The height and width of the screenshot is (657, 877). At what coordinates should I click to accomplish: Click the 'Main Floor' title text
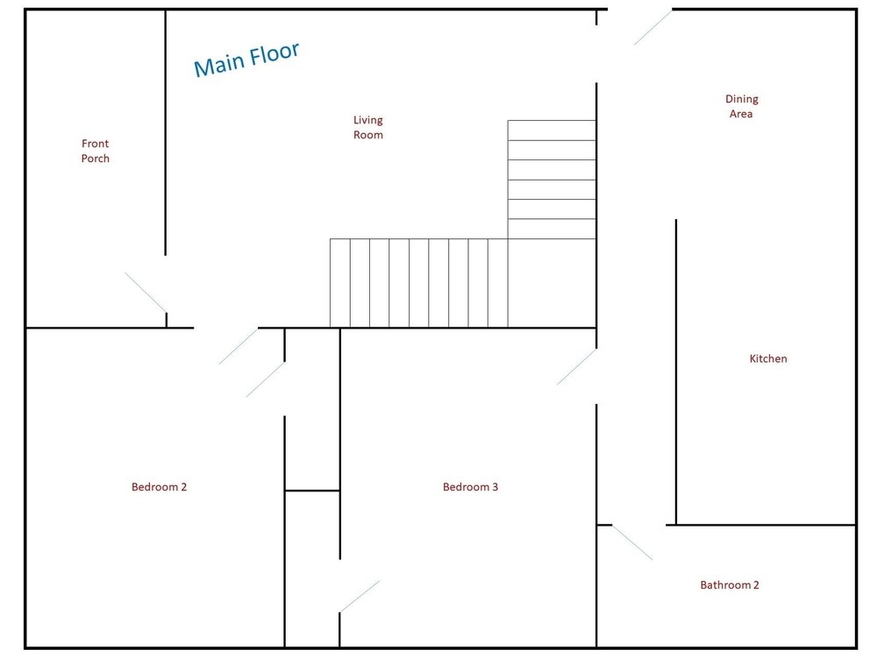click(246, 60)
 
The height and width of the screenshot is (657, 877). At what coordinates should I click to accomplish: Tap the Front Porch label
click(95, 151)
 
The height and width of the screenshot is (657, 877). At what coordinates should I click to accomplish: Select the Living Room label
click(368, 127)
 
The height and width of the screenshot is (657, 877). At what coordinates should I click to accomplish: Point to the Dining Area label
click(742, 106)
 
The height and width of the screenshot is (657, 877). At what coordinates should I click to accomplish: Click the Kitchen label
click(768, 358)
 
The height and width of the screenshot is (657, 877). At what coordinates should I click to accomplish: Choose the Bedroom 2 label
click(159, 486)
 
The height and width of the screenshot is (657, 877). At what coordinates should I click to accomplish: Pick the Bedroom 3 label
click(470, 486)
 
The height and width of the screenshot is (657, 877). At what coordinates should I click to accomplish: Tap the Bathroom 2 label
click(730, 585)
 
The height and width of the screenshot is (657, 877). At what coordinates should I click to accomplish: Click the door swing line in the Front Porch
click(146, 293)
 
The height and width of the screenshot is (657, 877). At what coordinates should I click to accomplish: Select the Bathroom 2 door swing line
click(632, 542)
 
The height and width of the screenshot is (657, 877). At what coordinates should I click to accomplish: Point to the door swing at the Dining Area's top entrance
click(652, 27)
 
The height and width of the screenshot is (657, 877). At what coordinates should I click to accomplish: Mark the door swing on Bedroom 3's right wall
click(576, 367)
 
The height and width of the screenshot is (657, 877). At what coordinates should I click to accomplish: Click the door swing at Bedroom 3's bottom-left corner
click(360, 596)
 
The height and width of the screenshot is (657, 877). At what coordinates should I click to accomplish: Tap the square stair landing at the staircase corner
click(552, 283)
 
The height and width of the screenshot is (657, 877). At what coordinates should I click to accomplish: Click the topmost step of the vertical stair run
click(552, 131)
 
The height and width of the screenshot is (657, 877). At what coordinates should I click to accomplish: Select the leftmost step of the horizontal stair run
click(340, 283)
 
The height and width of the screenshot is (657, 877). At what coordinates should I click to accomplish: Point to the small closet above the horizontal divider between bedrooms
click(312, 409)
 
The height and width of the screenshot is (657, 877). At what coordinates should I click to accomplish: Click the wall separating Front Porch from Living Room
click(166, 132)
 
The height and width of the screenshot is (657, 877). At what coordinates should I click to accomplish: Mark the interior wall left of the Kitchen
click(676, 372)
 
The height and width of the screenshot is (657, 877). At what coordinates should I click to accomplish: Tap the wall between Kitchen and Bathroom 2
click(760, 525)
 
